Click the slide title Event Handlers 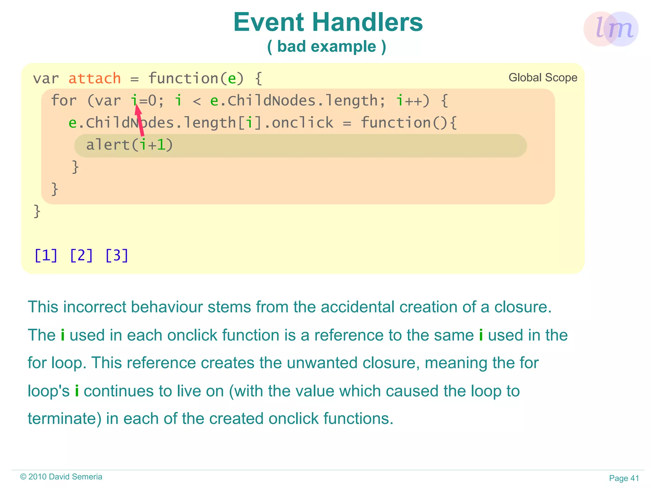point(328,22)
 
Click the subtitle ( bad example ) point(326,47)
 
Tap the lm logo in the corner point(611,29)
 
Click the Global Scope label point(543,78)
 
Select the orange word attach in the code point(95,79)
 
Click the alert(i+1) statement point(129,145)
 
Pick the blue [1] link point(46,255)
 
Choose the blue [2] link point(81,255)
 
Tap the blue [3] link point(117,255)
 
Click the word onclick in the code point(302,123)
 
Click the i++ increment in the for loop point(412,101)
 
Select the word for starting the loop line point(64,101)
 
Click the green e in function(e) point(232,79)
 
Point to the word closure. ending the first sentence point(523,307)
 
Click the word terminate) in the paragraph point(65,419)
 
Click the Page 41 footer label point(624,478)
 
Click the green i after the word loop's point(77,391)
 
